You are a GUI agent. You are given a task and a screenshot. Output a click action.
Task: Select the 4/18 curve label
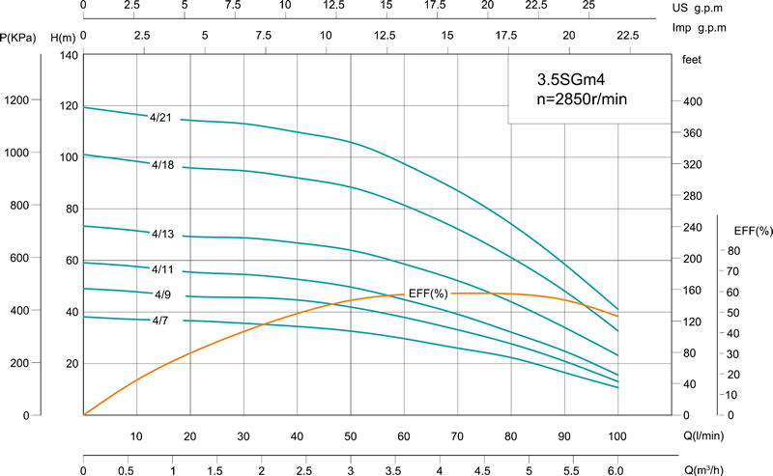tap(162, 165)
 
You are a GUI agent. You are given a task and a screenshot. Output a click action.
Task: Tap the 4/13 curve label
tap(162, 233)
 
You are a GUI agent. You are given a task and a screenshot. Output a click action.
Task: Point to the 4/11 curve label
tap(162, 268)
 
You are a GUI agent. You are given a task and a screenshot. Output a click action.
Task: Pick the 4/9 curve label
tap(162, 293)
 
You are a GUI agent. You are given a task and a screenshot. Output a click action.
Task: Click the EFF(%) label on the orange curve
tap(426, 293)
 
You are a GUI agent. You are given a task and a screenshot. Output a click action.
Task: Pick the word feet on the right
tap(691, 60)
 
